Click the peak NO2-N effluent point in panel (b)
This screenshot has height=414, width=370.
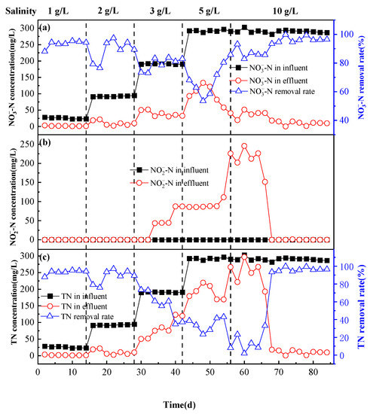[x=244, y=146]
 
